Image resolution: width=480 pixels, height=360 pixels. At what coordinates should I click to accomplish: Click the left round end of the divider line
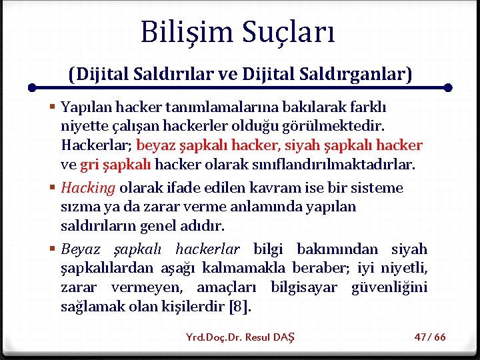point(32,87)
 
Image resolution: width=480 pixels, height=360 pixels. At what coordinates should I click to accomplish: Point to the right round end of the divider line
point(448,87)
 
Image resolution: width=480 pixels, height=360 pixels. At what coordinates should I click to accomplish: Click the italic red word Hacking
point(88,188)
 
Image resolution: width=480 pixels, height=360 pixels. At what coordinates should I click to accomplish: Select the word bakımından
point(338,249)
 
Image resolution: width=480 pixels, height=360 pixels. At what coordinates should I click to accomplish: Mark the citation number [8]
point(240,307)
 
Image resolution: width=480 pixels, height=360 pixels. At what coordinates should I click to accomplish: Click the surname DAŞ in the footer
point(283,337)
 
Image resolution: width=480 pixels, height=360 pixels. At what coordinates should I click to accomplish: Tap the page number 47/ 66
point(430,337)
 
